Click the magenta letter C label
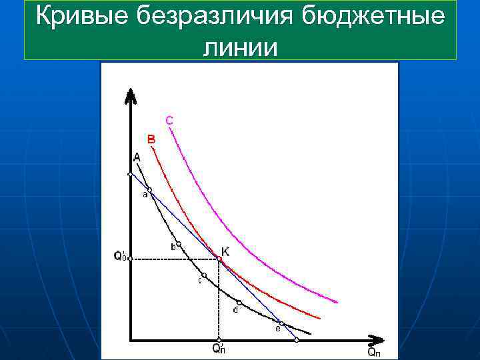pyautogui.click(x=169, y=120)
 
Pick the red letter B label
pyautogui.click(x=151, y=139)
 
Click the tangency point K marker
pyautogui.click(x=219, y=259)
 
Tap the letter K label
pyautogui.click(x=226, y=251)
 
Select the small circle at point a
pyautogui.click(x=149, y=190)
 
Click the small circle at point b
pyautogui.click(x=179, y=244)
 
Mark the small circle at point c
pyautogui.click(x=204, y=275)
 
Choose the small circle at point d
pyautogui.click(x=239, y=303)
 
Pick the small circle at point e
pyautogui.click(x=282, y=324)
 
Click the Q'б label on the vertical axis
pyautogui.click(x=120, y=256)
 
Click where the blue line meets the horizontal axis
pyautogui.click(x=297, y=339)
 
